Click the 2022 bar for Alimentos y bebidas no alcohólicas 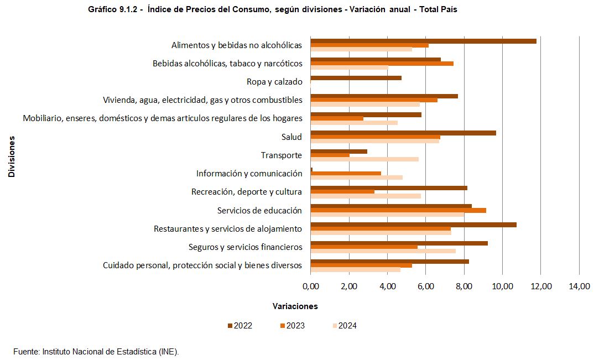(x=423, y=41)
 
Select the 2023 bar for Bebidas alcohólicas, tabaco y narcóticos (x=382, y=64)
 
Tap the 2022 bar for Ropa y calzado (x=356, y=78)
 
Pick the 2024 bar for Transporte (x=364, y=159)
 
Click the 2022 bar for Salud (x=403, y=133)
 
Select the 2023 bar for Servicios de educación (x=398, y=210)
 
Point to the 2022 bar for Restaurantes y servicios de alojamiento (x=413, y=225)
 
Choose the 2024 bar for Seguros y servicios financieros (x=383, y=251)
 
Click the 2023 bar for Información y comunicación (x=346, y=173)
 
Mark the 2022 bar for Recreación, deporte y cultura (x=389, y=188)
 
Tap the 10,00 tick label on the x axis (x=503, y=286)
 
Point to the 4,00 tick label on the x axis (x=387, y=286)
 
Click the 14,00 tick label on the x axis (x=579, y=286)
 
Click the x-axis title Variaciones (x=295, y=306)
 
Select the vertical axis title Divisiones (x=12, y=156)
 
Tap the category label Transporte (x=282, y=155)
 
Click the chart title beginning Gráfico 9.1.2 (x=273, y=9)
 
